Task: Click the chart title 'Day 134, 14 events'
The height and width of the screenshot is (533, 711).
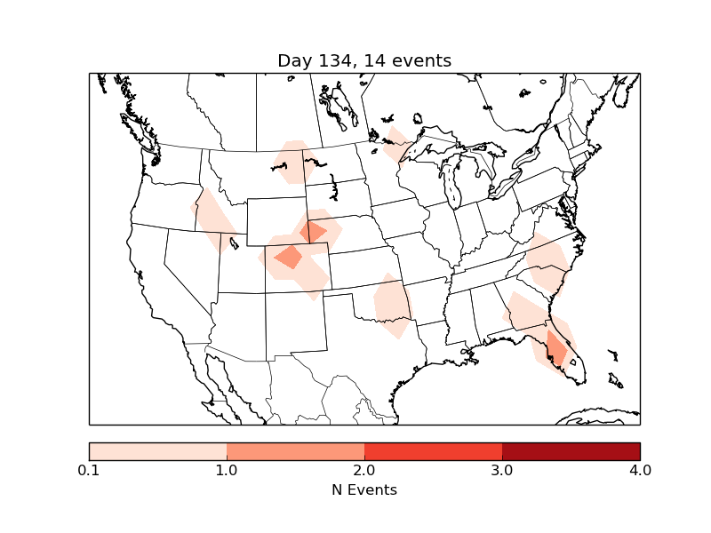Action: tap(364, 60)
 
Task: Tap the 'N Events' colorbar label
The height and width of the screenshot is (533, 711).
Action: tap(364, 489)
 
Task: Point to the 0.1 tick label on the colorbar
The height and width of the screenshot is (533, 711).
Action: tap(89, 470)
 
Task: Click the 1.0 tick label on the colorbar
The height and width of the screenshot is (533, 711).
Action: tap(227, 470)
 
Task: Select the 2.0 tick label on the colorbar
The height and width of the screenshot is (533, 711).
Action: tap(364, 470)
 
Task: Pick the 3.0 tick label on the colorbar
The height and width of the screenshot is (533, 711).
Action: tap(502, 470)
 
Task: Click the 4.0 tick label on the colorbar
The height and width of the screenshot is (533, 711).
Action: tap(639, 470)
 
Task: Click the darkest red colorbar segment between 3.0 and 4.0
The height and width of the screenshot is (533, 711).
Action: tap(571, 450)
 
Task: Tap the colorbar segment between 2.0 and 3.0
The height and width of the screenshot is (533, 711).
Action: tap(433, 450)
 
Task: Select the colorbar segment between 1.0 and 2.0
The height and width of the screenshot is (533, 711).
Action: tap(295, 450)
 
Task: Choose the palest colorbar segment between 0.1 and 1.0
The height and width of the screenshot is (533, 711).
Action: tap(157, 450)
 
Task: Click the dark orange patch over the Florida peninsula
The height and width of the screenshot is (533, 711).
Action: tap(556, 349)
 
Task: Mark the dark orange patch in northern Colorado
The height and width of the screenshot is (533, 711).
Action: tap(289, 258)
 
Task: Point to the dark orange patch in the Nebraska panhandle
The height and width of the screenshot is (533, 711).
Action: tap(313, 232)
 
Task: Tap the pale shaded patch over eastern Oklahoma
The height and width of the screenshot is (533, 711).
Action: tap(392, 306)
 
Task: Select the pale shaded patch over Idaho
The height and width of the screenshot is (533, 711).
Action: tap(213, 218)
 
